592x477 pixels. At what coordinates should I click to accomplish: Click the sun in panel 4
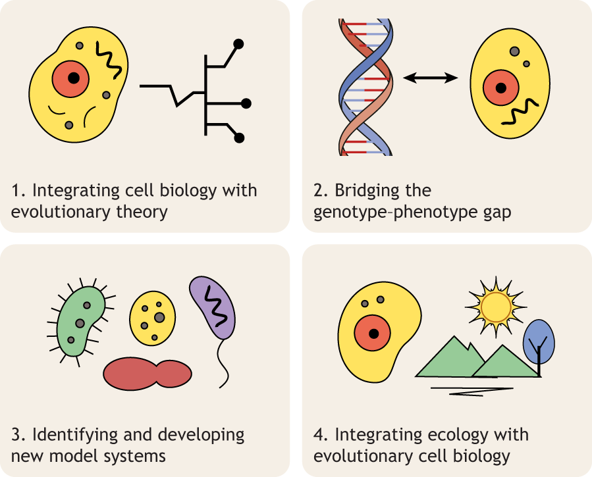click(496, 305)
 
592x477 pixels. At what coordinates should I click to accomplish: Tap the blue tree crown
click(539, 337)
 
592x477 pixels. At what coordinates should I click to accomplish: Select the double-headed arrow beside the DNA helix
click(430, 78)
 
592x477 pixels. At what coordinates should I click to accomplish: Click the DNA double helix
click(365, 86)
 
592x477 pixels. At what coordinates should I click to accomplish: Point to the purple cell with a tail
click(213, 307)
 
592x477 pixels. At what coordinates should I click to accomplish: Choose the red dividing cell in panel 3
click(148, 373)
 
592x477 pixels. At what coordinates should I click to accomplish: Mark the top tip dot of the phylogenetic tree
click(240, 45)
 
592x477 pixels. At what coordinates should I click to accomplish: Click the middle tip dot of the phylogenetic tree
click(246, 103)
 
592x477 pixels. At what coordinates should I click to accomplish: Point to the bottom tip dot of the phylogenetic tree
click(240, 138)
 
